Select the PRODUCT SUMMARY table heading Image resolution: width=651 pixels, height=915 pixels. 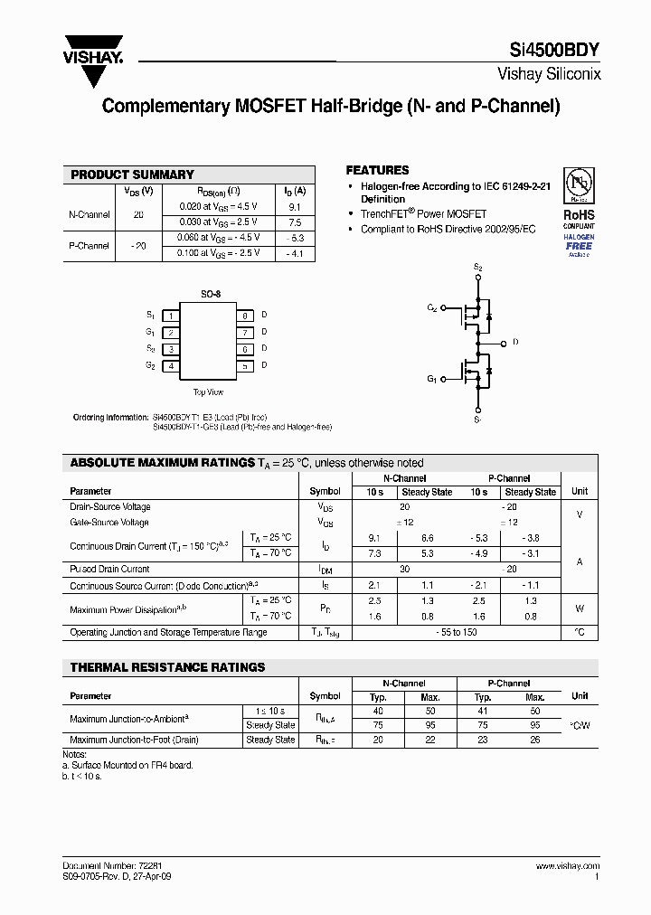tap(132, 175)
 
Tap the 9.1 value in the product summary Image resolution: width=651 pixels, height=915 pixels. tap(295, 207)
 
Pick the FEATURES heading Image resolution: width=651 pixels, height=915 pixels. tap(377, 170)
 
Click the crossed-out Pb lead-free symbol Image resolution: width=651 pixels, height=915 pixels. tap(579, 184)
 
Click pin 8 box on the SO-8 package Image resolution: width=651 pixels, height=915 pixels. tap(244, 316)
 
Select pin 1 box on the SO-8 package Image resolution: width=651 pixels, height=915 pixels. tap(170, 316)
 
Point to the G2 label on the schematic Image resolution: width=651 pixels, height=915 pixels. tap(432, 308)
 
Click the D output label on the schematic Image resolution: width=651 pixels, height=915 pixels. tap(515, 343)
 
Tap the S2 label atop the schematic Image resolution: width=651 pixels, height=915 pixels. tap(478, 269)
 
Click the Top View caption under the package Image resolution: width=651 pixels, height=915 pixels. tap(208, 392)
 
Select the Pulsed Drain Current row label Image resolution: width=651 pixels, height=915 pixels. tap(109, 570)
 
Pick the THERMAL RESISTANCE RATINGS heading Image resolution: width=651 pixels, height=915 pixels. tap(167, 667)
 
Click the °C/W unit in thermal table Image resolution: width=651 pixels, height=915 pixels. tap(579, 724)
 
